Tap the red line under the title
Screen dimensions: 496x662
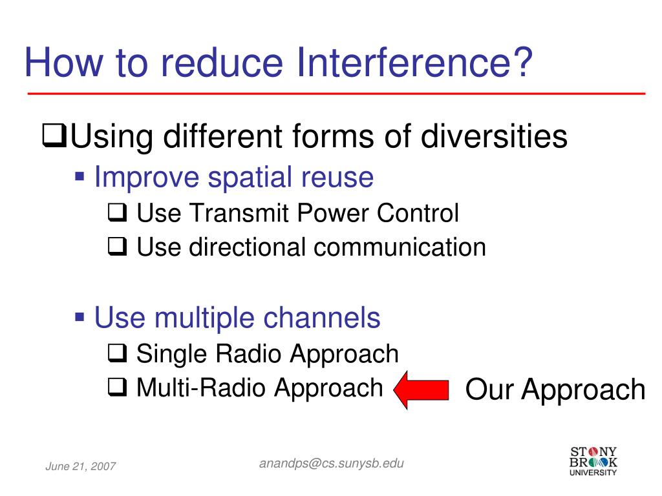(336, 94)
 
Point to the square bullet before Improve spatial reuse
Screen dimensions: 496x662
(81, 175)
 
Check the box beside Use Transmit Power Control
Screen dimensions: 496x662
(116, 214)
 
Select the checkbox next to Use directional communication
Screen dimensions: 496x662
(116, 247)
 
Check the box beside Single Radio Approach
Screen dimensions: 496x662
(116, 354)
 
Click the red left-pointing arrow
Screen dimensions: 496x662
(421, 389)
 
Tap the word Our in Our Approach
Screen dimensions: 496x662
(490, 389)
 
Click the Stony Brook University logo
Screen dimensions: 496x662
(593, 460)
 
